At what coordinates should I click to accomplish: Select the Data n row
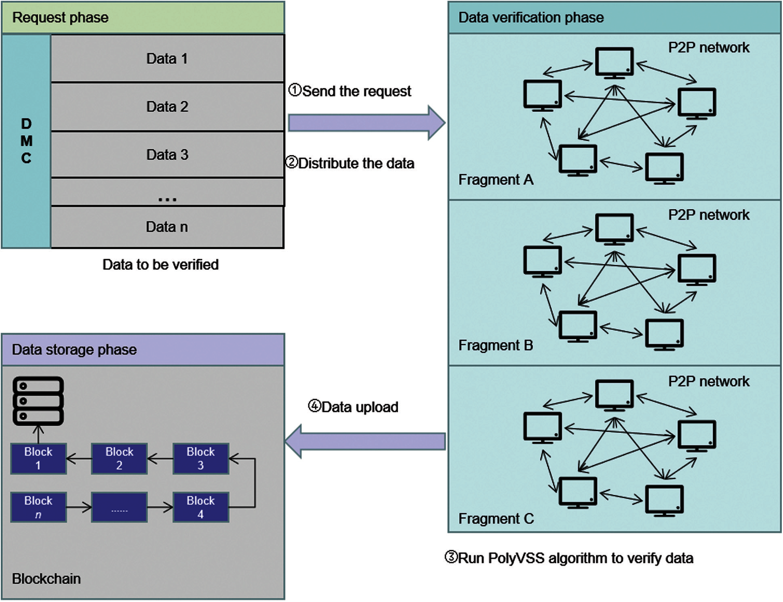(167, 227)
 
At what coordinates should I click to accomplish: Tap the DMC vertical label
(26, 141)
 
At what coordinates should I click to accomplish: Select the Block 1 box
(38, 458)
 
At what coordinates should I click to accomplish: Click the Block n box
(38, 507)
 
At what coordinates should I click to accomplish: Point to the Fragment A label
(496, 179)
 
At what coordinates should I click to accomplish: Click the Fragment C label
(496, 518)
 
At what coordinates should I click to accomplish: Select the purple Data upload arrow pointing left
(366, 441)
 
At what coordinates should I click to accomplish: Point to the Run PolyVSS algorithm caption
(569, 558)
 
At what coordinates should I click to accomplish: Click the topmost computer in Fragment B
(614, 229)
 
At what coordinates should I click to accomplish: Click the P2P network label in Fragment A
(708, 47)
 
